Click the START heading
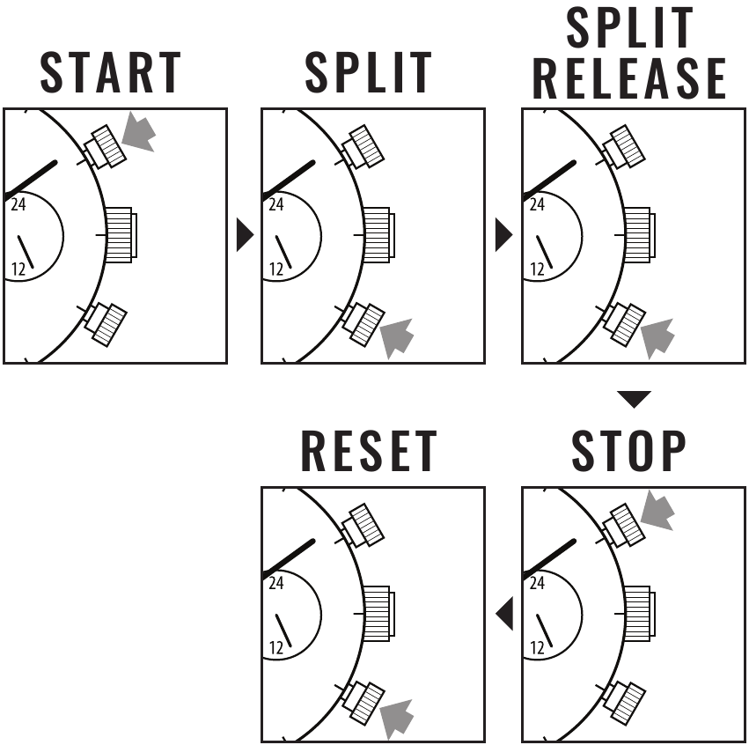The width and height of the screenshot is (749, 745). (x=110, y=71)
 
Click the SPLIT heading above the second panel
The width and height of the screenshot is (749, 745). (x=368, y=71)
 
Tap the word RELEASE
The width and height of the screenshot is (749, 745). (x=629, y=78)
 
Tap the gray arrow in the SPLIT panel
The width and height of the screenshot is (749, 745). (x=398, y=337)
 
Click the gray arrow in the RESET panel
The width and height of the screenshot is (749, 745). (x=398, y=716)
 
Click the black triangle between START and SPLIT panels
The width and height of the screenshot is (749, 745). (x=245, y=235)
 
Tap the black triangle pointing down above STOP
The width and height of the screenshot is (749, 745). (x=633, y=399)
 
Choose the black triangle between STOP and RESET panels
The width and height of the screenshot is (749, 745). (x=504, y=613)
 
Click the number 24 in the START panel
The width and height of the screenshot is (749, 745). (x=18, y=205)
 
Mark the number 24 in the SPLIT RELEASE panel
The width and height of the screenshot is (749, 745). (x=537, y=205)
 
